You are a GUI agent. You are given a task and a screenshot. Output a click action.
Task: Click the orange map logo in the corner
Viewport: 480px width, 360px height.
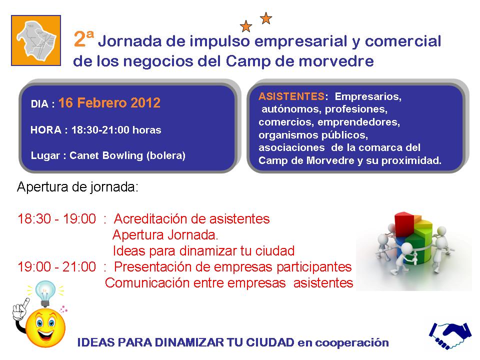(x=36, y=40)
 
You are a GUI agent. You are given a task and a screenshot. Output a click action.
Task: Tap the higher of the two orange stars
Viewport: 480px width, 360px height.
(x=266, y=18)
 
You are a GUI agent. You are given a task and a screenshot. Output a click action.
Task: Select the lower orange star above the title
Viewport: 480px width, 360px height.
(x=246, y=26)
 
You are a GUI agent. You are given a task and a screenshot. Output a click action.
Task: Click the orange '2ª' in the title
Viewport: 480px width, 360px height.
(x=83, y=38)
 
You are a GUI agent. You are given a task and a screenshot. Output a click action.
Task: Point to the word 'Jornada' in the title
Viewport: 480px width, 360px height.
(x=130, y=41)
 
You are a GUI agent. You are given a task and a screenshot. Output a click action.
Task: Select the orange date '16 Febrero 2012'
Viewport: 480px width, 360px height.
(x=109, y=102)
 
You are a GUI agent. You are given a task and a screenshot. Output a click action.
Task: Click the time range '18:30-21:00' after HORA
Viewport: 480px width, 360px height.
(x=100, y=130)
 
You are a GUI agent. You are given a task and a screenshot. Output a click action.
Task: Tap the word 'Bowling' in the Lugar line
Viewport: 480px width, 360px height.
(x=123, y=155)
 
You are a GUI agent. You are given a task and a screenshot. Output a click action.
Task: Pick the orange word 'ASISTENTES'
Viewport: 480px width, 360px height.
(x=291, y=96)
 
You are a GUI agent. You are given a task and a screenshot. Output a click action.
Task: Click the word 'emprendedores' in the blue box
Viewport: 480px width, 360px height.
(x=359, y=122)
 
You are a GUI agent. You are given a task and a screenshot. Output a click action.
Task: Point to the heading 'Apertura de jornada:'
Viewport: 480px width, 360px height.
(x=78, y=187)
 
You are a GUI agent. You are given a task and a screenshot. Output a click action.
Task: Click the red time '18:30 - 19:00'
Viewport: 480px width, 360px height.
(x=57, y=219)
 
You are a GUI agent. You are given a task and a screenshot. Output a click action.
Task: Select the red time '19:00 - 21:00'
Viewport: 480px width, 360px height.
(x=57, y=266)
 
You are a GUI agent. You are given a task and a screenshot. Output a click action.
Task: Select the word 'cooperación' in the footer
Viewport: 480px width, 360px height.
(x=352, y=343)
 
